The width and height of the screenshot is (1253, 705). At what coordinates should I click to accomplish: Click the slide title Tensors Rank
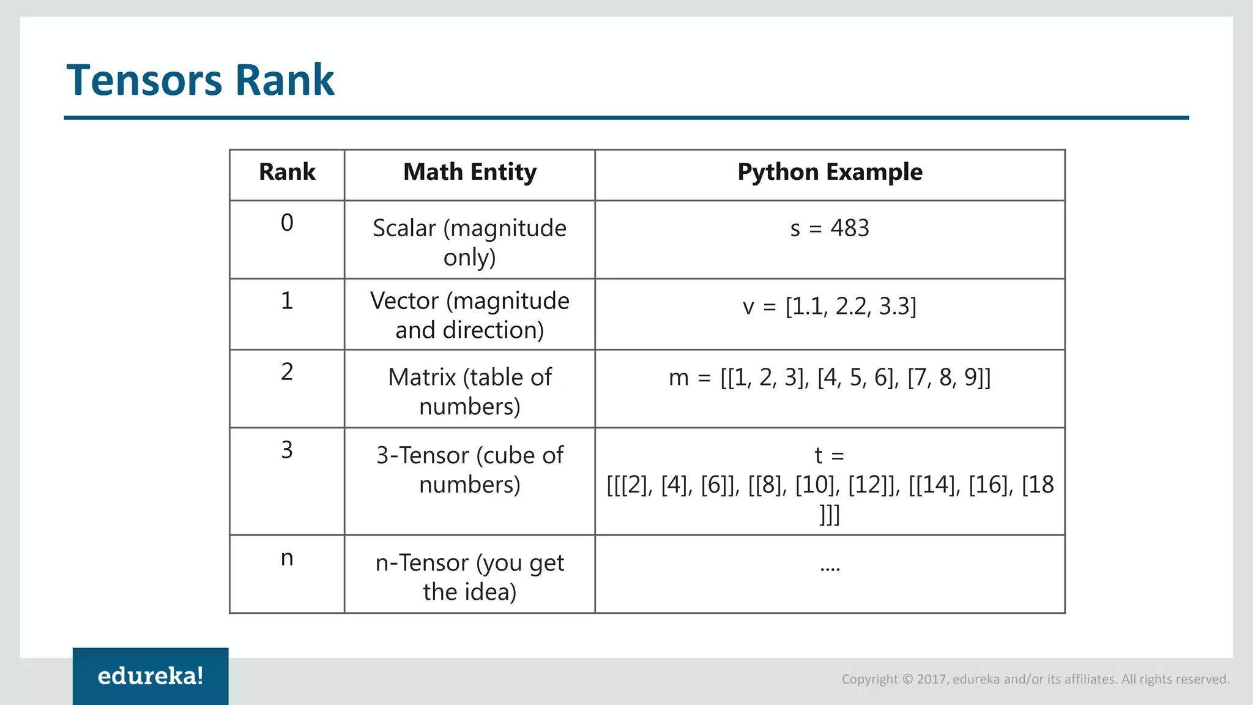pos(200,80)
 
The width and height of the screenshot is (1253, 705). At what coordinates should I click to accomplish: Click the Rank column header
pos(287,172)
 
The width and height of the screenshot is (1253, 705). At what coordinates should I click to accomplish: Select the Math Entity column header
pos(470,172)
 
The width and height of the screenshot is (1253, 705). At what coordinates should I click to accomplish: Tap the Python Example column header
pos(830,172)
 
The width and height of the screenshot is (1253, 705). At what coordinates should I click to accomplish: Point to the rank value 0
pos(287,223)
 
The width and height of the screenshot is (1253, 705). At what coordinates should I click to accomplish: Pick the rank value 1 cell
pos(287,300)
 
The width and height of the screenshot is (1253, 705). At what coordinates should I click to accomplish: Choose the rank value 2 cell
pos(287,371)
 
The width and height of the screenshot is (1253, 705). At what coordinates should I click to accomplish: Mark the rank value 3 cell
pos(287,450)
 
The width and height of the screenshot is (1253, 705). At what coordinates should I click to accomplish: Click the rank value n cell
pos(287,558)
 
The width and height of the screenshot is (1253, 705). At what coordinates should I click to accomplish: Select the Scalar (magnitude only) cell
pos(470,242)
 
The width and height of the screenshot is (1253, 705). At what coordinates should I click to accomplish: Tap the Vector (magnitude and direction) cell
pos(470,315)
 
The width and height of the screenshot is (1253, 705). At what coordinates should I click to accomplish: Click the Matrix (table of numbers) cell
pos(470,392)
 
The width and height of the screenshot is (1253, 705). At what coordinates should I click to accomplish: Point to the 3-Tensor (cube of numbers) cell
pos(470,470)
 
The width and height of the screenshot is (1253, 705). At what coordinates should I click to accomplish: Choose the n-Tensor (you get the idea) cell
pos(470,577)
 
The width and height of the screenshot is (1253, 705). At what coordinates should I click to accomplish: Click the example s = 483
pos(830,228)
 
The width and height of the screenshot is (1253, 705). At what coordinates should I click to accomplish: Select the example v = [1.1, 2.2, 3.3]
pos(830,306)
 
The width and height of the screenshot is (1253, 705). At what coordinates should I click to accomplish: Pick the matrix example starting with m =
pos(830,378)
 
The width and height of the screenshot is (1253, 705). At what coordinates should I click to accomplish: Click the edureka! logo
pos(151,676)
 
